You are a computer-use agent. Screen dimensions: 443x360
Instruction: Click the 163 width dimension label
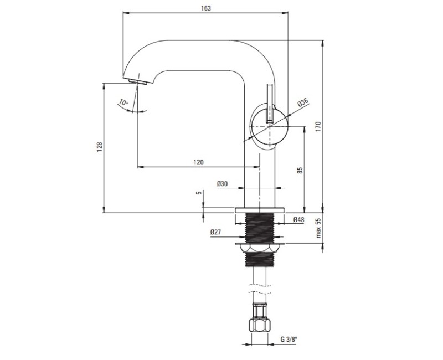pos(206,8)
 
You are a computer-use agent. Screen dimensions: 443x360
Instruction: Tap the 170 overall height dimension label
pos(318,126)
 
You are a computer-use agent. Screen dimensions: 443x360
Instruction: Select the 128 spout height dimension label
pos(100,147)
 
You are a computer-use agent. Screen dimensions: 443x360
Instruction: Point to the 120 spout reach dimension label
pos(198,162)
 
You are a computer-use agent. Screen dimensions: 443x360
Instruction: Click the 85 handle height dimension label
pos(300,170)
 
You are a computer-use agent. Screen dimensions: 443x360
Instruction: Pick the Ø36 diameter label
pos(302,102)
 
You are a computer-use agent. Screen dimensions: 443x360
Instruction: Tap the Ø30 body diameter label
pos(223,184)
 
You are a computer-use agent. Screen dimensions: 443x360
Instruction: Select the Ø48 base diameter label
pos(298,219)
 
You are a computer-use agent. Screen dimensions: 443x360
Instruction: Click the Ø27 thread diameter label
pos(215,232)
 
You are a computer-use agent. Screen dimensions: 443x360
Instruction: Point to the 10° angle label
pos(123,102)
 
